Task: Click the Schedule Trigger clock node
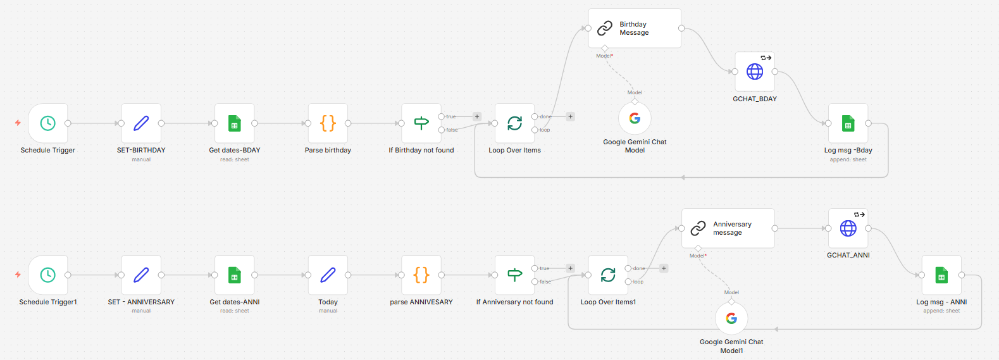point(48,123)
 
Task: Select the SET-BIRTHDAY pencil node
point(141,123)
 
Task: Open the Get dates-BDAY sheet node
point(235,123)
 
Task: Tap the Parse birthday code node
point(328,123)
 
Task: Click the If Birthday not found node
point(421,123)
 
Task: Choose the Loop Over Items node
point(514,123)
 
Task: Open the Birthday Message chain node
point(635,28)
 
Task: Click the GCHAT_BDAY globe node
point(755,71)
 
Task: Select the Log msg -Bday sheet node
point(848,123)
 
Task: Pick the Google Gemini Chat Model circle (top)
point(635,118)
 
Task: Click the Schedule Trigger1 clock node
point(48,275)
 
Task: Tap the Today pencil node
point(328,275)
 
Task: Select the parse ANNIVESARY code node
point(421,275)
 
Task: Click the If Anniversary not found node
point(514,275)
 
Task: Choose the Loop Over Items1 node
point(608,275)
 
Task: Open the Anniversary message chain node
point(728,228)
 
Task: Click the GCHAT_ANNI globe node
point(848,228)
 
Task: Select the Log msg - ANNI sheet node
point(941,275)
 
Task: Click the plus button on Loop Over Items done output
point(570,116)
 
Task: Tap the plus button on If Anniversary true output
point(570,268)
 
